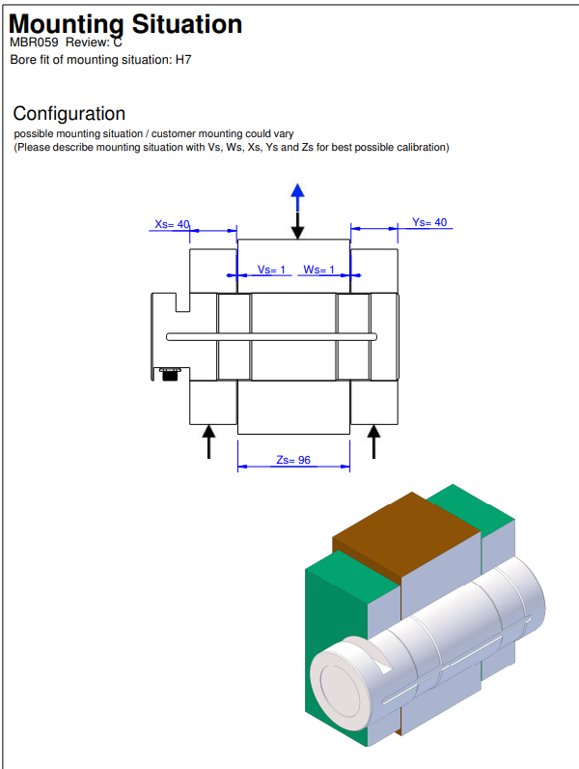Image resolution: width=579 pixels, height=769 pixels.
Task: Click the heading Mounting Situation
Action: pos(125,23)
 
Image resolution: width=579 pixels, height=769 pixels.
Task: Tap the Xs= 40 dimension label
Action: pos(173,224)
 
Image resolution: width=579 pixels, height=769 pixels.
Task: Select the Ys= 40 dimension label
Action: pos(429,222)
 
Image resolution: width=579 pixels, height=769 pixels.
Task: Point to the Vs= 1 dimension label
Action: pos(272,270)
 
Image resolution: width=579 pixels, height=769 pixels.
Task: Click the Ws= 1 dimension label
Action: pos(319,270)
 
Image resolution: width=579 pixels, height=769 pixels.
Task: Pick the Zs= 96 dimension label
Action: pos(293,461)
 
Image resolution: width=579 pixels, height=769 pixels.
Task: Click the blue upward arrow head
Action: pos(298,190)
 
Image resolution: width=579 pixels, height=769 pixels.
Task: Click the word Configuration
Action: pos(69,114)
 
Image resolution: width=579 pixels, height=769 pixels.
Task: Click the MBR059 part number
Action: pos(34,43)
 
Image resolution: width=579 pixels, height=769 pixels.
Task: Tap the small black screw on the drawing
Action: pos(170,374)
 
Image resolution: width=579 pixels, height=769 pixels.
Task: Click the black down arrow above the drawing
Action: pos(298,225)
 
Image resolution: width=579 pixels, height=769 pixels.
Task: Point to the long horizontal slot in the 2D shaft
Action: pos(271,336)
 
